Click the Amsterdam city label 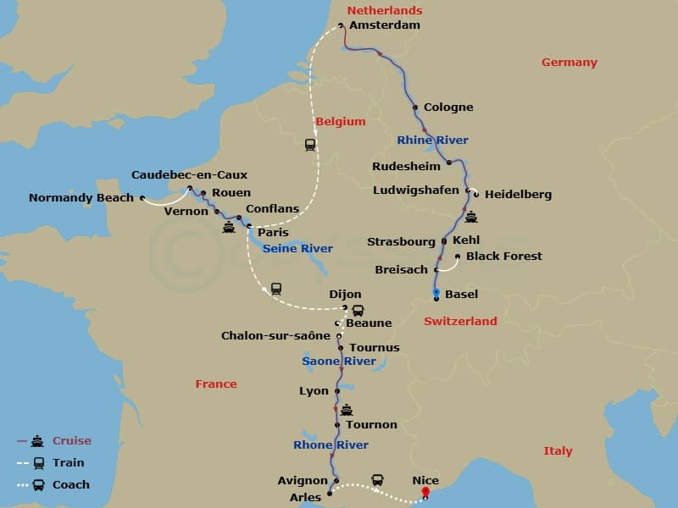pos(385,25)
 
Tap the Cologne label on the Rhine pos(449,108)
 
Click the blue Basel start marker pos(436,292)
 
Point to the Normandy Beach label pos(81,198)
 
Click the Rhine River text pos(432,141)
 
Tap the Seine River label pos(297,249)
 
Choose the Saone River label pos(339,362)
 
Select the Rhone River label pos(331,445)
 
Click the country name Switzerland pos(460,322)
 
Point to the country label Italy pos(558,451)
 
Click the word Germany pos(570,63)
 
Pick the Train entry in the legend pos(68,463)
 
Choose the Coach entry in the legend pos(70,485)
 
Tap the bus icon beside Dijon pos(358,311)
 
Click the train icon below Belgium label pos(310,145)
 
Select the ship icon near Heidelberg pos(471,217)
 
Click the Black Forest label pos(504,257)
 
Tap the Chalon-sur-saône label pos(275,336)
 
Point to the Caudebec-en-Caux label pos(189,175)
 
